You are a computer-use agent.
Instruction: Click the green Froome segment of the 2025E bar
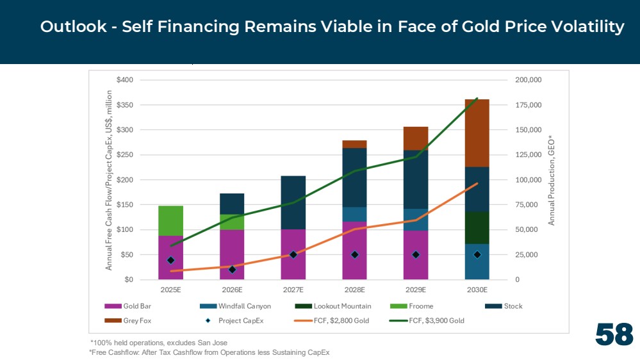click(x=170, y=221)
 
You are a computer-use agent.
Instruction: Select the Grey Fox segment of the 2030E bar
click(x=477, y=133)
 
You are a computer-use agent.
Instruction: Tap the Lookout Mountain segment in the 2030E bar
click(x=477, y=228)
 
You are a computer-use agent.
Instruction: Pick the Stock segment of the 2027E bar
click(x=293, y=202)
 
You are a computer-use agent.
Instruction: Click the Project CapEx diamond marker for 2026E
click(x=233, y=270)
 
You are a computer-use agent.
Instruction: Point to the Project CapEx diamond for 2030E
click(x=477, y=255)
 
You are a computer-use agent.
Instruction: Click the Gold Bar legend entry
click(x=127, y=306)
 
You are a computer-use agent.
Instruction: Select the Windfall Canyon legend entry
click(x=236, y=306)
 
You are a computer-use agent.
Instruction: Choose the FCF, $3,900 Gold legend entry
click(x=427, y=321)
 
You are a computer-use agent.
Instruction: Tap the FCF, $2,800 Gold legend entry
click(x=331, y=321)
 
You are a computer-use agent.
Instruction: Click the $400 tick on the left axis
click(x=124, y=80)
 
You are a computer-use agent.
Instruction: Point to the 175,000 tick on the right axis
click(x=528, y=105)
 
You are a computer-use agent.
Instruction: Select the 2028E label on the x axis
click(x=354, y=290)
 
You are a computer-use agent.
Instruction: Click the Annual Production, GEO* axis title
click(x=552, y=181)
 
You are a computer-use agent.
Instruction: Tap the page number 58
click(x=614, y=334)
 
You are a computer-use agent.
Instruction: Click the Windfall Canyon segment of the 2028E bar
click(x=354, y=215)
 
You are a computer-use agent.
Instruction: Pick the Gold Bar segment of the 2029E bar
click(x=416, y=255)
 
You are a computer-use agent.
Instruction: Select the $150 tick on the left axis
click(x=124, y=205)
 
